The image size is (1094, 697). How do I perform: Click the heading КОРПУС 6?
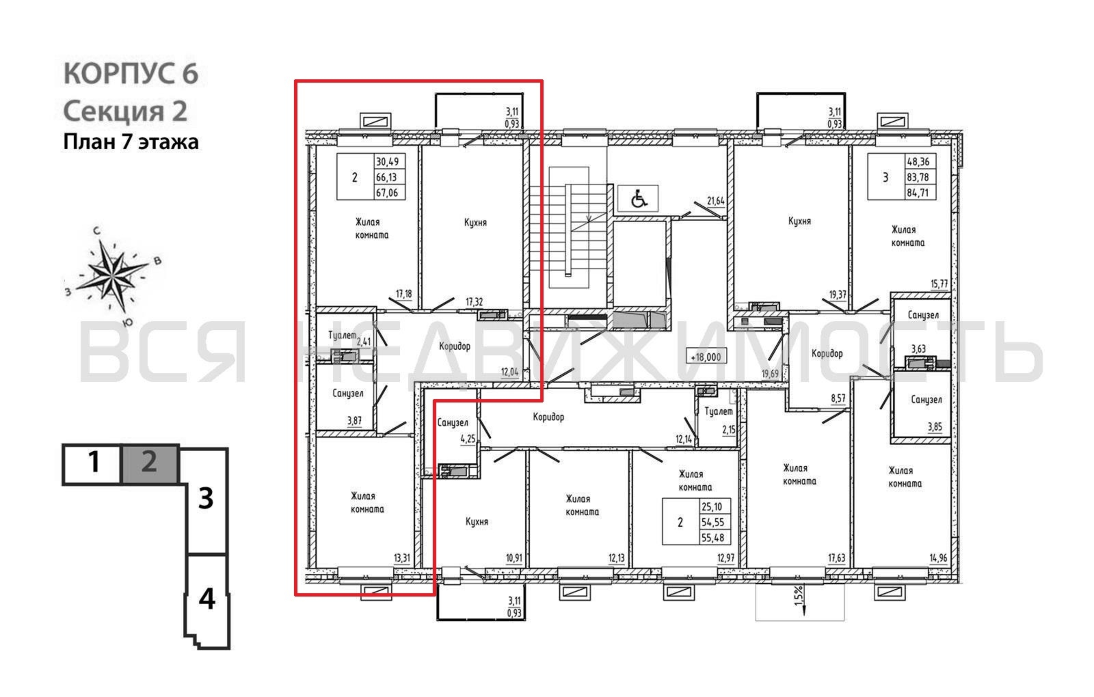point(131,74)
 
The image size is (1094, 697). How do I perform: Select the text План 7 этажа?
point(131,142)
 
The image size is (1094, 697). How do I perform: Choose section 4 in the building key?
point(207,599)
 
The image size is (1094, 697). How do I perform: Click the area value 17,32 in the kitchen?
point(474,302)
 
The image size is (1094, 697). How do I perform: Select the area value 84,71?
point(918,192)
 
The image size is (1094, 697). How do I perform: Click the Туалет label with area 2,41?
point(342,335)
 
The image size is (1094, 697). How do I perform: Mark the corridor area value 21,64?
point(716,201)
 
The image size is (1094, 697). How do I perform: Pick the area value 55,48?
point(712,538)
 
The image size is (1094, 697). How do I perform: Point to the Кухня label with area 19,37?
point(800,221)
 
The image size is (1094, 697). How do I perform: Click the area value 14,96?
point(938,558)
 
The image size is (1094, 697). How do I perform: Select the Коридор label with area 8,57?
point(827,353)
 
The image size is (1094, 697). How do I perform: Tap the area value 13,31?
point(402,558)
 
